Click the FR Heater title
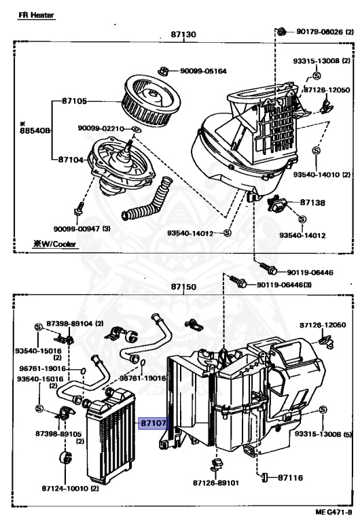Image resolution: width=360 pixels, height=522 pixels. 36,15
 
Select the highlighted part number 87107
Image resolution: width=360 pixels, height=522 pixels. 154,423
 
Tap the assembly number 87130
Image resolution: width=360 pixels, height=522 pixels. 183,34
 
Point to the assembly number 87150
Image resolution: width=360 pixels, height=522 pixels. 183,287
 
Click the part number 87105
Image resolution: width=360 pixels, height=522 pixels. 74,101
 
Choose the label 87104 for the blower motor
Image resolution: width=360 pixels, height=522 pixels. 71,160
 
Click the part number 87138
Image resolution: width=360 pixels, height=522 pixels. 312,203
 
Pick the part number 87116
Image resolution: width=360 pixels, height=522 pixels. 290,478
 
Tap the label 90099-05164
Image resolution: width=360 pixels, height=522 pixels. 203,71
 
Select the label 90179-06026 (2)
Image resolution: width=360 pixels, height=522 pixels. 325,32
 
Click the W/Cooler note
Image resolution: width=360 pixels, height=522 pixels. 54,244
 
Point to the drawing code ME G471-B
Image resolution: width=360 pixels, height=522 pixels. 334,512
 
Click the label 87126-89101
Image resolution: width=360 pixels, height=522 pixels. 216,483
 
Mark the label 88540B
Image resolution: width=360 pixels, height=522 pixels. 35,130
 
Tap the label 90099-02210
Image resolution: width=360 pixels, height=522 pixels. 101,128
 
